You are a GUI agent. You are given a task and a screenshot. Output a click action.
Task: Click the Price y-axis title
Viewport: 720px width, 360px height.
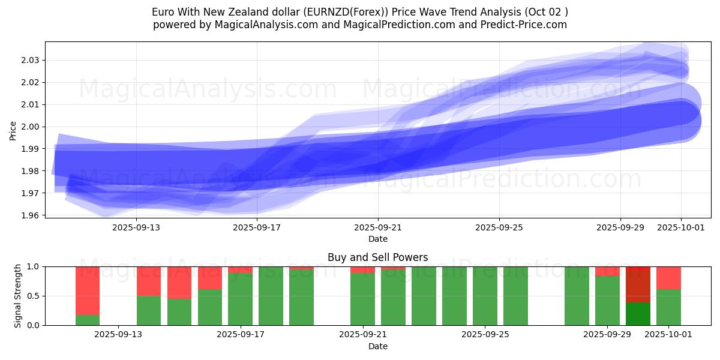(x=13, y=130)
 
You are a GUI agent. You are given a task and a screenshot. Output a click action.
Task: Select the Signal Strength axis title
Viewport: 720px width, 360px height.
(x=18, y=296)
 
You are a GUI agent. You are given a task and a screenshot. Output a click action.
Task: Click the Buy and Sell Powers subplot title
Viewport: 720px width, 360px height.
(x=377, y=257)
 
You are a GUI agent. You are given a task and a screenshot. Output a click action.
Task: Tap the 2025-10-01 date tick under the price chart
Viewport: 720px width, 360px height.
(x=681, y=227)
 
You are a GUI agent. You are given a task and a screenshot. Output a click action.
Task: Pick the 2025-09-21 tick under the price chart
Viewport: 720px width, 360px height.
(x=378, y=227)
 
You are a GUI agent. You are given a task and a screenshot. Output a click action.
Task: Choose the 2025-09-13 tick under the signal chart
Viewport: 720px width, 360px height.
(x=118, y=335)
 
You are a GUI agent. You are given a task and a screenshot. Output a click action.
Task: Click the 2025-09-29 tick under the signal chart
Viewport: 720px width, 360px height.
(x=607, y=335)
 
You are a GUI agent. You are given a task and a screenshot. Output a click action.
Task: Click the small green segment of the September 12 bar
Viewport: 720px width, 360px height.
(x=88, y=320)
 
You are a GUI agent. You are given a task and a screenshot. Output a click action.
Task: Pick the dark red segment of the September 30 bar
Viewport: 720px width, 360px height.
(x=638, y=284)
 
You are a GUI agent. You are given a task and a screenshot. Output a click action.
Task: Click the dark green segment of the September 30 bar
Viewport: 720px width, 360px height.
(x=638, y=314)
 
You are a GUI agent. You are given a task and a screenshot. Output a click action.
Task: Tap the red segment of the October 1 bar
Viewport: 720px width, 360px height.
(x=668, y=278)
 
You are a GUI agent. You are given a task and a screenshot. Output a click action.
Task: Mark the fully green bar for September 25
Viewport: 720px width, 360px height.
(x=485, y=296)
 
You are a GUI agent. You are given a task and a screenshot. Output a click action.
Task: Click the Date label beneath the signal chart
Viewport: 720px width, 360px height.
(x=377, y=346)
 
